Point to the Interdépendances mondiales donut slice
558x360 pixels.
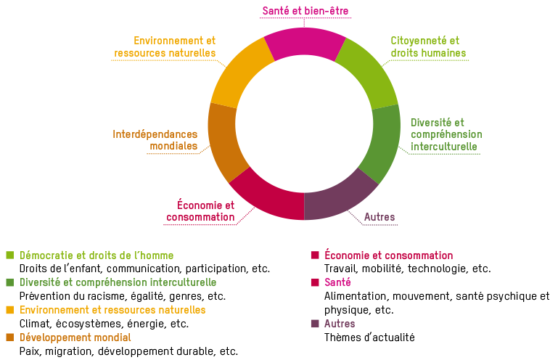223,141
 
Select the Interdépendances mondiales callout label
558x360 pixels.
155,140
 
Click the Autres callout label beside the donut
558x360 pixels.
379,217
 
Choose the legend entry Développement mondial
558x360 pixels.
75,337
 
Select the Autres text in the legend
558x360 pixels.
340,324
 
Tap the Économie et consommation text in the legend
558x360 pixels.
388,255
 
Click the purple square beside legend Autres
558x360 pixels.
314,324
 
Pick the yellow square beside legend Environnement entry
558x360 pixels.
10,310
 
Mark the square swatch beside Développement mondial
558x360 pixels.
10,337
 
